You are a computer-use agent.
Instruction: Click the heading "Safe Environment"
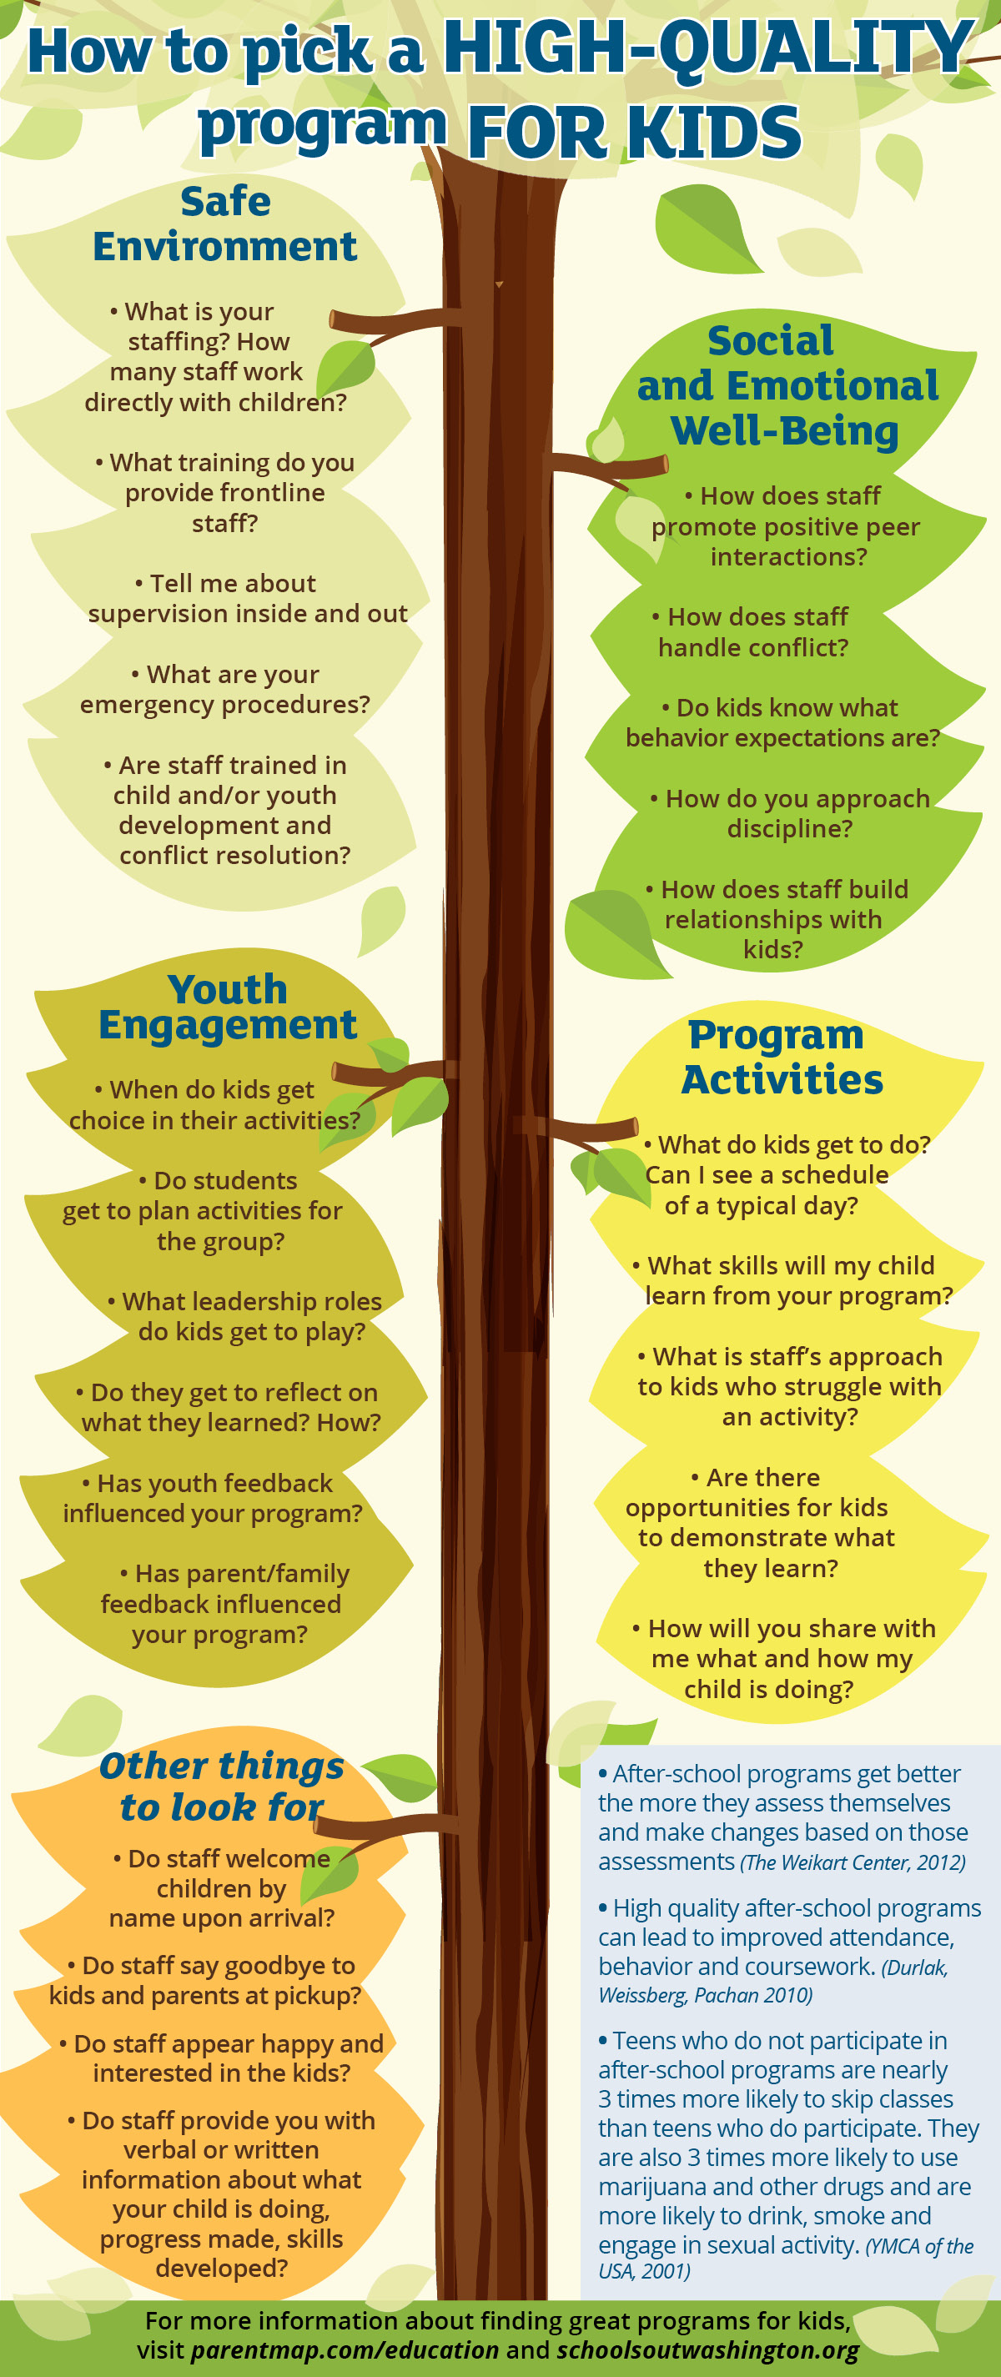click(x=225, y=224)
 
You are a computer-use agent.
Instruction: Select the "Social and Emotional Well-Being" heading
click(x=786, y=385)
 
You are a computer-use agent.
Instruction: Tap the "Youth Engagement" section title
click(x=227, y=1007)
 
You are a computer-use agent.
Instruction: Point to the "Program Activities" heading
click(x=781, y=1058)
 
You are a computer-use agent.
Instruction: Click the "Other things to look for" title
click(x=221, y=1786)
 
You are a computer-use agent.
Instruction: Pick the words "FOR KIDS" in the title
click(x=634, y=132)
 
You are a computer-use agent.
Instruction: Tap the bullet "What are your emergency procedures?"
click(x=225, y=689)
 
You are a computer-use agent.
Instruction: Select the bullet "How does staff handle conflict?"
click(x=752, y=632)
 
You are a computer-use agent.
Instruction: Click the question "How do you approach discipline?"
click(x=789, y=813)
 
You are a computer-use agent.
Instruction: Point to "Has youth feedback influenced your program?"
click(x=213, y=1498)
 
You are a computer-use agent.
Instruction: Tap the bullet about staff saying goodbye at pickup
click(x=206, y=1980)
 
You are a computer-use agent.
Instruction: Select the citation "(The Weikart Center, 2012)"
click(x=853, y=1862)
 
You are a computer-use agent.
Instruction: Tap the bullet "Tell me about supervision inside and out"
click(x=247, y=598)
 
